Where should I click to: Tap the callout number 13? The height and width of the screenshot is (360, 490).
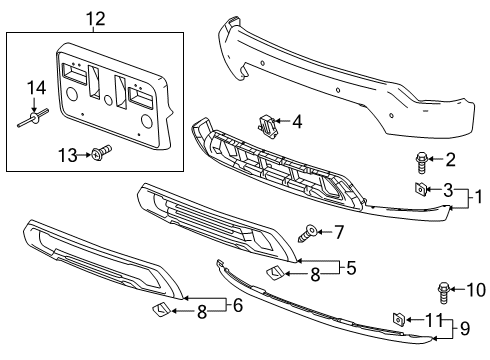click(67, 154)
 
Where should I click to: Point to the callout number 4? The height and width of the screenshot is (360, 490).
click(297, 122)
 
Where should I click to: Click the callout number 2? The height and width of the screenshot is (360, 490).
click(451, 158)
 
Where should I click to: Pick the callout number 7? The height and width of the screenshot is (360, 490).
click(339, 232)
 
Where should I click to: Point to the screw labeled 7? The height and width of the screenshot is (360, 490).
click(310, 233)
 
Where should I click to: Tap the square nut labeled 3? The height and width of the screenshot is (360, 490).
click(421, 188)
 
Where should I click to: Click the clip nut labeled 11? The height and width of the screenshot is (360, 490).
click(398, 319)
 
